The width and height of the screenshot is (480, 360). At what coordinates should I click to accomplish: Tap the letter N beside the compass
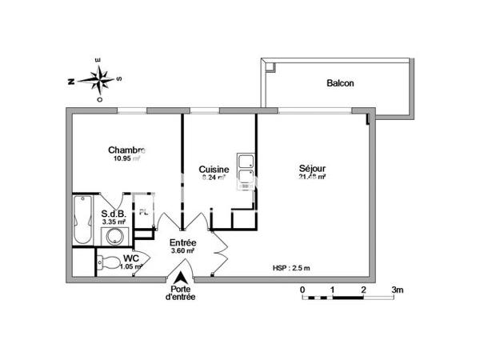(x=71, y=81)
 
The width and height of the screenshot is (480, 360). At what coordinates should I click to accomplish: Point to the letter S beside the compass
(x=119, y=78)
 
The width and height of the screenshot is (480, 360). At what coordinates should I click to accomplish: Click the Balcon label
(x=340, y=83)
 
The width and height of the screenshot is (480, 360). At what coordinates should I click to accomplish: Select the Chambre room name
(x=126, y=150)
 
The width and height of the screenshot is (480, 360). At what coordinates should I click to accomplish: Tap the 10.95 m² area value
(x=126, y=158)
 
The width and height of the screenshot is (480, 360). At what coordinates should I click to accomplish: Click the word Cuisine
(x=214, y=170)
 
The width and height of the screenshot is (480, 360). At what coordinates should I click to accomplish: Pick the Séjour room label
(x=312, y=169)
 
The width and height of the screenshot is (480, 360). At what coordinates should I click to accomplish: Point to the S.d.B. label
(x=114, y=213)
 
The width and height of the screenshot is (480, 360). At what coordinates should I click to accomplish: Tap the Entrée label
(x=182, y=242)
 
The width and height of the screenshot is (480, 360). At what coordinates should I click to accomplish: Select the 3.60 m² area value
(x=182, y=250)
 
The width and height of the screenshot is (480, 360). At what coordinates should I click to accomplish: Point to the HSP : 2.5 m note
(x=291, y=268)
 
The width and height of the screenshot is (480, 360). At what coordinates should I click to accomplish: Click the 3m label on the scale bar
(x=398, y=289)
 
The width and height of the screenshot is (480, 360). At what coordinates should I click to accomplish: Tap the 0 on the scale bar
(x=302, y=289)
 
